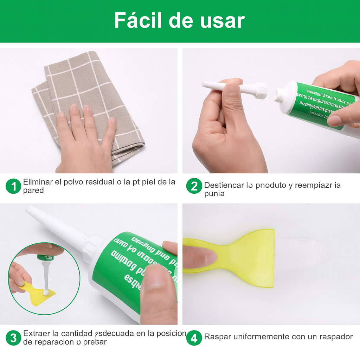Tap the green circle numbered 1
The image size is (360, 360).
13,186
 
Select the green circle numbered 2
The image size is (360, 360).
194,186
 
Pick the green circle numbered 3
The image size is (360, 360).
13,338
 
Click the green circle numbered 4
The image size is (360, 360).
194,338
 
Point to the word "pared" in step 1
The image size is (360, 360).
33,191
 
